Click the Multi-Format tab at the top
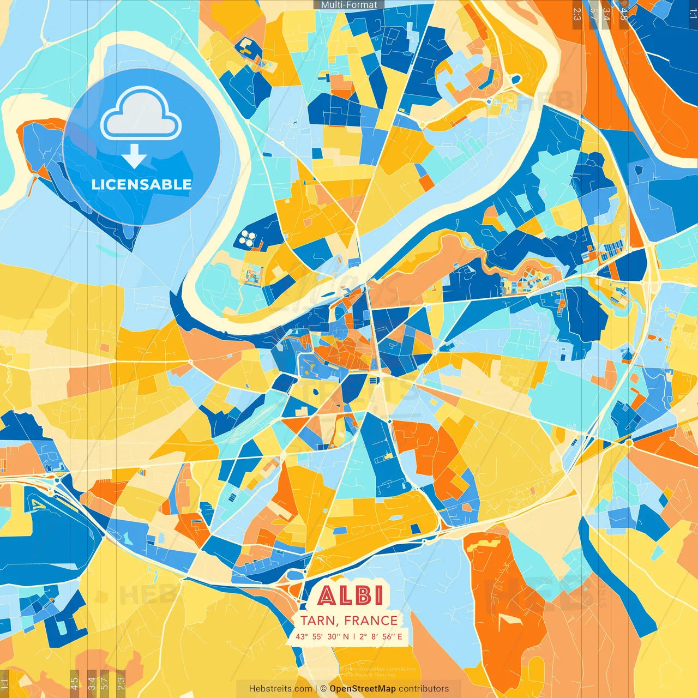pos(349,5)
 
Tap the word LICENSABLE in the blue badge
pos(142,184)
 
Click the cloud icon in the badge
pos(141,116)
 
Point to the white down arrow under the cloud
pos(134,157)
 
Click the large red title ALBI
pos(351,595)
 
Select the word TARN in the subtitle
pos(318,621)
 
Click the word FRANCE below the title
pos(371,621)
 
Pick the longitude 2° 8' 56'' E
pos(381,636)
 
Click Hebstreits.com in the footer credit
pos(281,689)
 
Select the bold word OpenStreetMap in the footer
pos(363,689)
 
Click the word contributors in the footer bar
pos(424,689)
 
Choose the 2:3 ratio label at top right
pos(577,14)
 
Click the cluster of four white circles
pos(248,237)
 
